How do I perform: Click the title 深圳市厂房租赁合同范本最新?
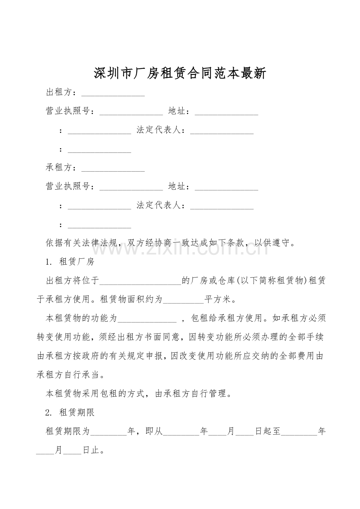(x=180, y=73)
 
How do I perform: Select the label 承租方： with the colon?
(x=61, y=168)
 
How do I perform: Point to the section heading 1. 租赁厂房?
(x=70, y=262)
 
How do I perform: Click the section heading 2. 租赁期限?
(x=70, y=412)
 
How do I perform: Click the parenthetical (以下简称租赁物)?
(x=270, y=281)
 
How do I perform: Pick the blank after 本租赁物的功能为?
(x=147, y=319)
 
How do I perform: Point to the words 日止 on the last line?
(x=91, y=450)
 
